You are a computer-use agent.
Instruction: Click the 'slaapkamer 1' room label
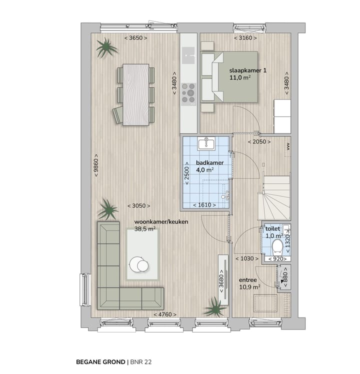pyautogui.click(x=247, y=70)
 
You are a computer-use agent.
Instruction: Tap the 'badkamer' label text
pyautogui.click(x=209, y=163)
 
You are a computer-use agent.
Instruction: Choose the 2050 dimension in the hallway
pyautogui.click(x=259, y=142)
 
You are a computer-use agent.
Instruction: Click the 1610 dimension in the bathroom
pyautogui.click(x=204, y=205)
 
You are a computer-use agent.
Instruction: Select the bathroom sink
pyautogui.click(x=206, y=144)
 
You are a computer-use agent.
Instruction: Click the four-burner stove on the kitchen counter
pyautogui.click(x=188, y=92)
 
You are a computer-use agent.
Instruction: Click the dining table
pyautogui.click(x=136, y=95)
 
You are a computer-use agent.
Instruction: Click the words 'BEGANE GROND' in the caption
pyautogui.click(x=100, y=360)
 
